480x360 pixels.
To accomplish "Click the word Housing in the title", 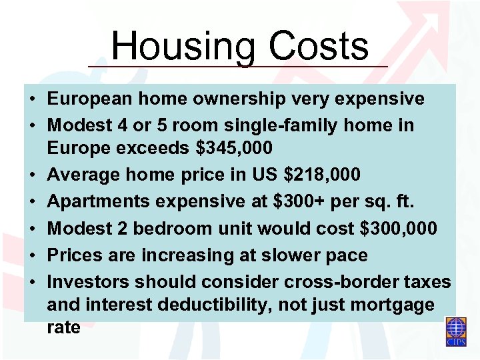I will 182,47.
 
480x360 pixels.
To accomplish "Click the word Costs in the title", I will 319,47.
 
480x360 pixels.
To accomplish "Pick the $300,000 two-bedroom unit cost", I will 398,229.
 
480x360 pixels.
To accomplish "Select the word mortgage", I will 397,306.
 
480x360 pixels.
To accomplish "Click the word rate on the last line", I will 63,328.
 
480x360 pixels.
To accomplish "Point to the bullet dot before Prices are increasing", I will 32,255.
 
